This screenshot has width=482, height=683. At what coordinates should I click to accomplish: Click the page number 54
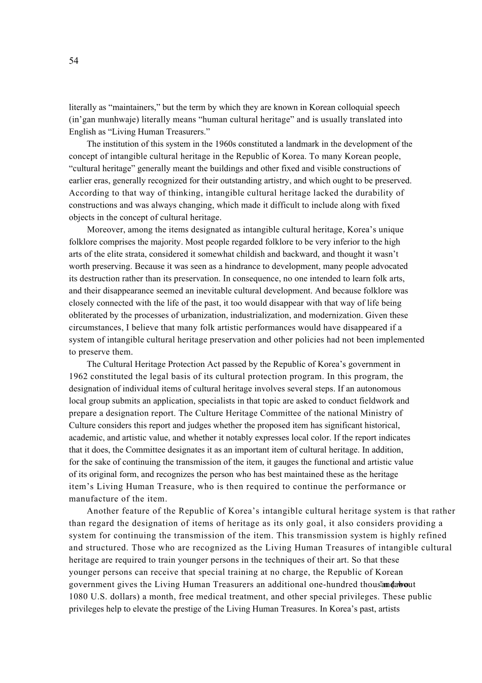pos(74,61)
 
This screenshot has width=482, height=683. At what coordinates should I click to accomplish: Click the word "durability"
pos(375,193)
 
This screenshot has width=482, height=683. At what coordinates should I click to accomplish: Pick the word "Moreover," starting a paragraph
pos(105,230)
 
